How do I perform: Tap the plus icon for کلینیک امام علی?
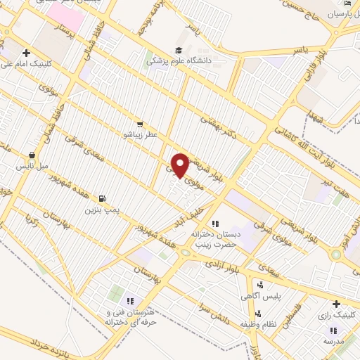coord(27,52)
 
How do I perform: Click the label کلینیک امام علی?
coord(30,64)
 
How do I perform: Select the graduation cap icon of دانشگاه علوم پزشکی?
coord(178,50)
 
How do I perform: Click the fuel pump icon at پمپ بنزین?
coord(104,198)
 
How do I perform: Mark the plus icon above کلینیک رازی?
coord(336,304)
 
